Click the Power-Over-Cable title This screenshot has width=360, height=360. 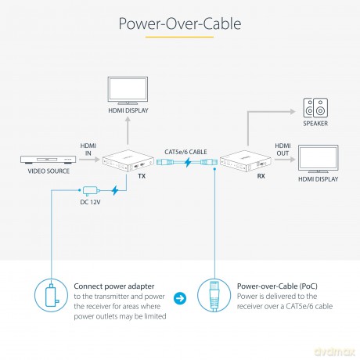coord(180,23)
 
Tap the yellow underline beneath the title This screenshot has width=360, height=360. coord(179,37)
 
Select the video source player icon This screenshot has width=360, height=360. coord(49,160)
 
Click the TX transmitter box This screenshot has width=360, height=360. coord(128,160)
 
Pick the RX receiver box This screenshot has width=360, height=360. coord(246,160)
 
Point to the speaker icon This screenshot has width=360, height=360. coord(315,108)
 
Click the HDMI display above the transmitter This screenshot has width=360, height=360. coord(128,91)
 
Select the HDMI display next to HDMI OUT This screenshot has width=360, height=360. coord(319,159)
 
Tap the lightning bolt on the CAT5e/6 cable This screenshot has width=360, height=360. coord(188,162)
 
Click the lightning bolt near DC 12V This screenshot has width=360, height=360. coord(115,190)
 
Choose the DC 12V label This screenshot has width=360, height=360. coord(90,202)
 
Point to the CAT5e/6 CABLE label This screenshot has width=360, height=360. coord(185,152)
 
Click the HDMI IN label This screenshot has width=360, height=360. coord(88,149)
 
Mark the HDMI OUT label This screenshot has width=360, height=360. coord(283,149)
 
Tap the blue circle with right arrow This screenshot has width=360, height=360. coord(180,298)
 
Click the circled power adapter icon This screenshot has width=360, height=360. coord(52,295)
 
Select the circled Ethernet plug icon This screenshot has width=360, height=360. coord(214,295)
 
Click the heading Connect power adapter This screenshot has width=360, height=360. coord(114,286)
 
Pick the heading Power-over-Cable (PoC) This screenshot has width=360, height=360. coord(277,286)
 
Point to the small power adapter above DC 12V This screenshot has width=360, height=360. coord(91,191)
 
